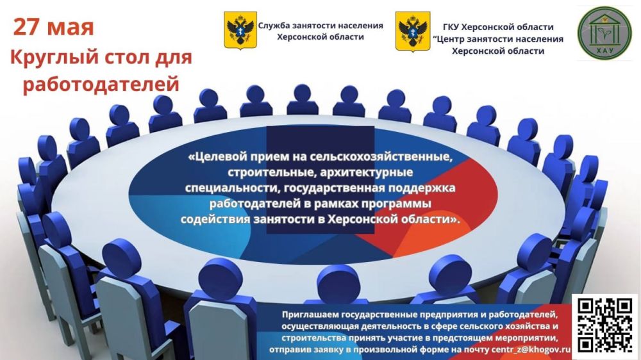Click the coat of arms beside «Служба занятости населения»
pyautogui.click(x=240, y=31)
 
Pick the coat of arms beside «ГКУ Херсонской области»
pyautogui.click(x=413, y=31)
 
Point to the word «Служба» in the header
pyautogui.click(x=275, y=26)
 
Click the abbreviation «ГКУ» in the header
pyautogui.click(x=453, y=28)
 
